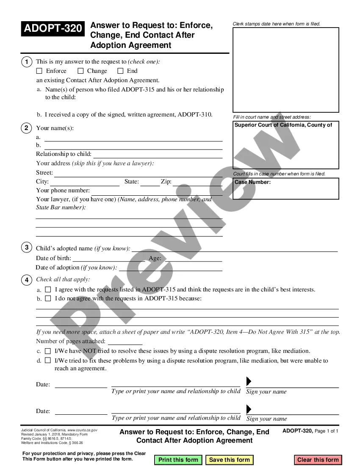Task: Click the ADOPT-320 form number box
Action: coord(53,29)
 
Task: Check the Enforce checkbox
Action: coord(39,71)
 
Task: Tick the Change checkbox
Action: coord(80,71)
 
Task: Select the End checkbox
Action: coord(120,71)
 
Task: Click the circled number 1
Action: coord(26,62)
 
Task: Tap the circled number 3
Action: coord(26,247)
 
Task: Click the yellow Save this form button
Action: coord(230,460)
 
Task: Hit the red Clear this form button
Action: coord(318,460)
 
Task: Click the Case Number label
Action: coord(253,182)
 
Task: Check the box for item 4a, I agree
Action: coord(48,290)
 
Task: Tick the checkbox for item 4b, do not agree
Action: coord(48,299)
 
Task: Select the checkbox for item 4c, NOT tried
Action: coord(48,351)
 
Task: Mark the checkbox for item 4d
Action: coord(48,361)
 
